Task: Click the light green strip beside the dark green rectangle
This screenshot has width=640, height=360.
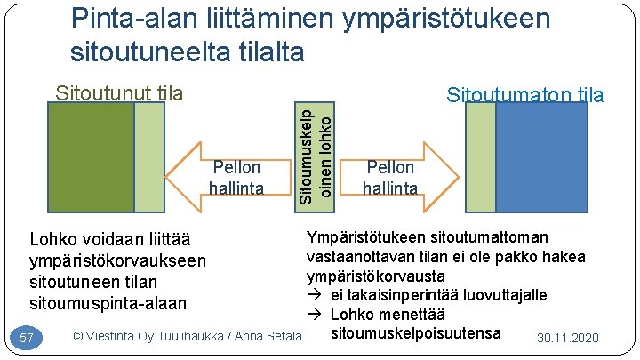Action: point(148,158)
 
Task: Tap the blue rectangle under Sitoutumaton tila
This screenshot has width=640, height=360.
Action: point(541,157)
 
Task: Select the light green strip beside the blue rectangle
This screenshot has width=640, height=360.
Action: point(481,157)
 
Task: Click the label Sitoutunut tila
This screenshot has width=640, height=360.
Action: point(119,93)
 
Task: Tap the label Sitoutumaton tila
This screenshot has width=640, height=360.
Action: point(525,95)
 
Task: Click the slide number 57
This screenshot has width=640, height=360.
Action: point(27,338)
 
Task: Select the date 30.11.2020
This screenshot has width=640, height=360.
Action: point(569,339)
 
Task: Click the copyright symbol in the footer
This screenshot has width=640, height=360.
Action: point(78,336)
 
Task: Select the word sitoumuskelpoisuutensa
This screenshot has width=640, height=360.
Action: point(414,333)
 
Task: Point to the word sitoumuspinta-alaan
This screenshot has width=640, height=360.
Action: point(108,303)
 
